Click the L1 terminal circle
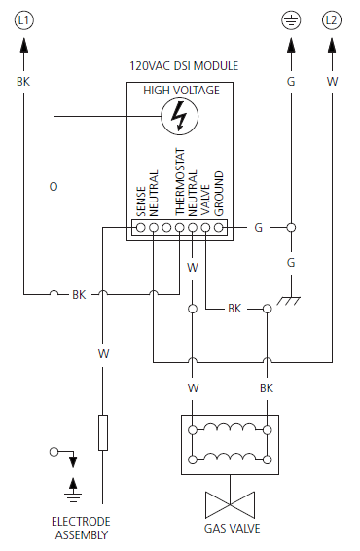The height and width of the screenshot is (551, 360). (x=24, y=18)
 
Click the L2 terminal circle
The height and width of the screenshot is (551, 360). (x=332, y=18)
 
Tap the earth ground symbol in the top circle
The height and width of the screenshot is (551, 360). (x=290, y=18)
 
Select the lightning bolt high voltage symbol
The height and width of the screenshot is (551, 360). (x=178, y=117)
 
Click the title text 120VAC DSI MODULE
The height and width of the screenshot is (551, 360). (x=184, y=66)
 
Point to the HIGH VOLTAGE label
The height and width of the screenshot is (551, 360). (x=182, y=91)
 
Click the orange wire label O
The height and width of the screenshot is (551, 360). (x=54, y=184)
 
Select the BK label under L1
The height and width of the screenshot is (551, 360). (x=24, y=83)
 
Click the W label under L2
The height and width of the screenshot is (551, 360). (x=332, y=83)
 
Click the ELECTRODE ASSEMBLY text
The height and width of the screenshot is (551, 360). (x=81, y=528)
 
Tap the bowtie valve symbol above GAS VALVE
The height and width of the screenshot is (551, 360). (x=230, y=503)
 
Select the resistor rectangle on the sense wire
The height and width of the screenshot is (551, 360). (x=102, y=432)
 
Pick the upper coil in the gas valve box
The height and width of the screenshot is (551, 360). (x=230, y=429)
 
